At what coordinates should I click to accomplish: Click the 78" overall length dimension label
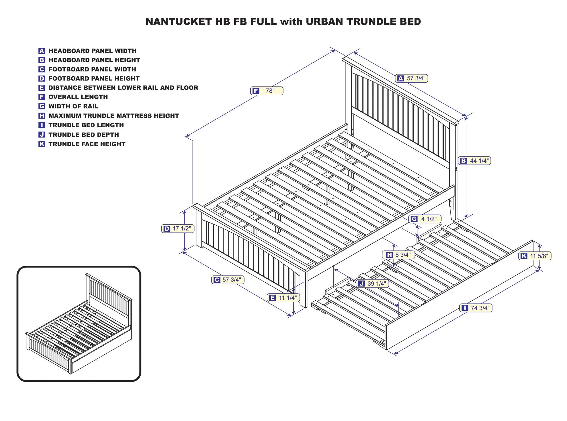[267, 91]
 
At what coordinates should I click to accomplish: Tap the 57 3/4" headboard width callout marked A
[412, 79]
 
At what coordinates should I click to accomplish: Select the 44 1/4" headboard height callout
[475, 161]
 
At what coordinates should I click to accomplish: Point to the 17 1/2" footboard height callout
[178, 229]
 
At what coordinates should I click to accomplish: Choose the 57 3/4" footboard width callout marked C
[228, 280]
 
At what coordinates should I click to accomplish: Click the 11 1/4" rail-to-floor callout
[283, 298]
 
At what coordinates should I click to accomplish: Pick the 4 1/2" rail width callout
[425, 219]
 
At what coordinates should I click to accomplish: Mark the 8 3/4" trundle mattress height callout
[398, 255]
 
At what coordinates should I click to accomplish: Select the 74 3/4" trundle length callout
[476, 308]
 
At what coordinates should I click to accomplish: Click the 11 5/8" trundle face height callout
[535, 256]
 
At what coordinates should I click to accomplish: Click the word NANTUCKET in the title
[179, 22]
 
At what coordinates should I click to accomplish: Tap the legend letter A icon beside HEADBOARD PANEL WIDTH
[42, 51]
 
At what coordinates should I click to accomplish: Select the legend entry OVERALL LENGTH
[78, 97]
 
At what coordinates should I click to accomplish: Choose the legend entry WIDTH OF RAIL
[73, 106]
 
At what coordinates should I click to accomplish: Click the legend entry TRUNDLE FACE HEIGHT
[87, 144]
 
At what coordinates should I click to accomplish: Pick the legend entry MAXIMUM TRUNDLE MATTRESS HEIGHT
[113, 116]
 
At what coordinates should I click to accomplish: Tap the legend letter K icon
[42, 144]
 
